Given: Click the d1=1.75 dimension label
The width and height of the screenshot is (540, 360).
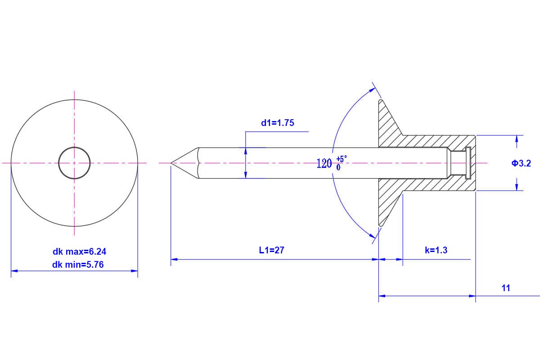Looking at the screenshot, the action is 278,123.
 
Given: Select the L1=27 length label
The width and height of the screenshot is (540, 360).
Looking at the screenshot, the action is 272,250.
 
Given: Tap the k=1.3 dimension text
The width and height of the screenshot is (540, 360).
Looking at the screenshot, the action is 436,250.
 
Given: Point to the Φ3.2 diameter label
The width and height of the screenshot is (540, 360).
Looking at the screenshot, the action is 521,163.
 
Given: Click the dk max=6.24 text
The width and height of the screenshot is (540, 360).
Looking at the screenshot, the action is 79,252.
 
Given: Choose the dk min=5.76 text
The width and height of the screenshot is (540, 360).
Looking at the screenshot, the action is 78,265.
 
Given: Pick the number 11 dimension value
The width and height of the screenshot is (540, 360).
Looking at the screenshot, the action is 506,288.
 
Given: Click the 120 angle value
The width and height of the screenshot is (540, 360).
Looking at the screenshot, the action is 324,164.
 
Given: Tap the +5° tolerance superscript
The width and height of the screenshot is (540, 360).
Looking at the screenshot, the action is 342,159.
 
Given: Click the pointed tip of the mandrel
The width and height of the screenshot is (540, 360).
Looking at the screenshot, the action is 171,163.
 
